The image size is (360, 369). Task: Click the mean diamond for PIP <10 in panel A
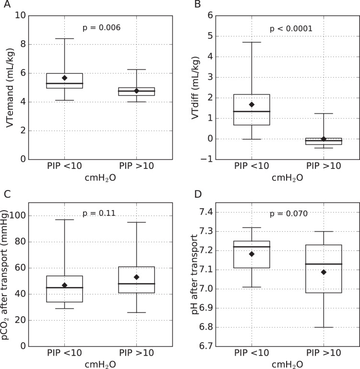[64, 78]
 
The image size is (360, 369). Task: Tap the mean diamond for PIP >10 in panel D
[324, 272]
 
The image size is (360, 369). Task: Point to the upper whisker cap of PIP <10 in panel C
[64, 220]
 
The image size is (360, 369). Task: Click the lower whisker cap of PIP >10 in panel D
[324, 327]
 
